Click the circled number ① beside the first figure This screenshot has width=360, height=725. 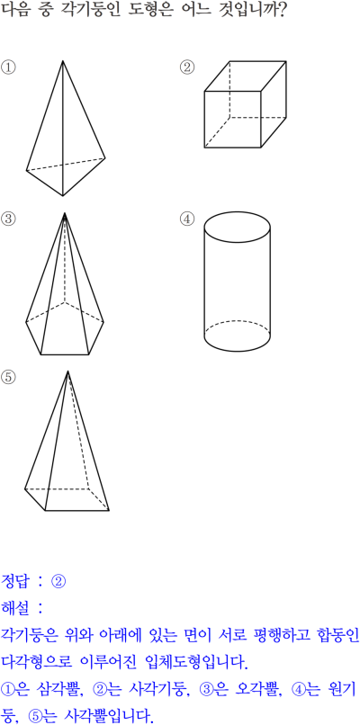point(8,67)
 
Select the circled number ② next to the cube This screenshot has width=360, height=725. point(187,67)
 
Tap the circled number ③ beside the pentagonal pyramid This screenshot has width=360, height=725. point(8,219)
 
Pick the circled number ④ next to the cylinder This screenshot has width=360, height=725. point(187,219)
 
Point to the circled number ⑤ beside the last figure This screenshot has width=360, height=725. point(8,377)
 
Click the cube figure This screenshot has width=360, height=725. point(245,104)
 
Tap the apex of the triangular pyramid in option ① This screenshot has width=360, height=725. point(63,61)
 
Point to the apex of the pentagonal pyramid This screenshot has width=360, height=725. point(65,213)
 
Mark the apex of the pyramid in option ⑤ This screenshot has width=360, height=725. point(68,371)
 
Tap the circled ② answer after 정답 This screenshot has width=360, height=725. point(58,581)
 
